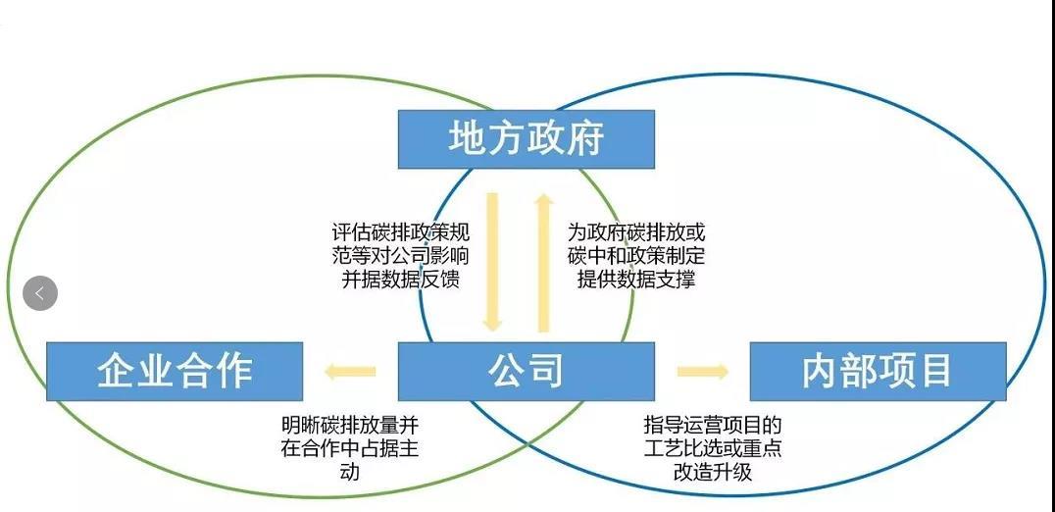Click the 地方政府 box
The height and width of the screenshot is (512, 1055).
(526, 139)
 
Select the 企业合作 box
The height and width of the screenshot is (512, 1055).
(175, 371)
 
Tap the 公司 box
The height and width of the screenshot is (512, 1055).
(526, 371)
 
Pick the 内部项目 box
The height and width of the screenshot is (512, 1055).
(878, 371)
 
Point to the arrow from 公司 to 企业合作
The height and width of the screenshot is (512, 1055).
(350, 372)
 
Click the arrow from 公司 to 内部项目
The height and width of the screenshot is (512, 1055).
(702, 372)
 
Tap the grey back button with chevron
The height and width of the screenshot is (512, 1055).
(40, 292)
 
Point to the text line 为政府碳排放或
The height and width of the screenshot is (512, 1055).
(636, 233)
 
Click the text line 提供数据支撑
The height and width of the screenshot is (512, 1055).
(636, 279)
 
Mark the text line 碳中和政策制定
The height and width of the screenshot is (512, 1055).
(636, 256)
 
